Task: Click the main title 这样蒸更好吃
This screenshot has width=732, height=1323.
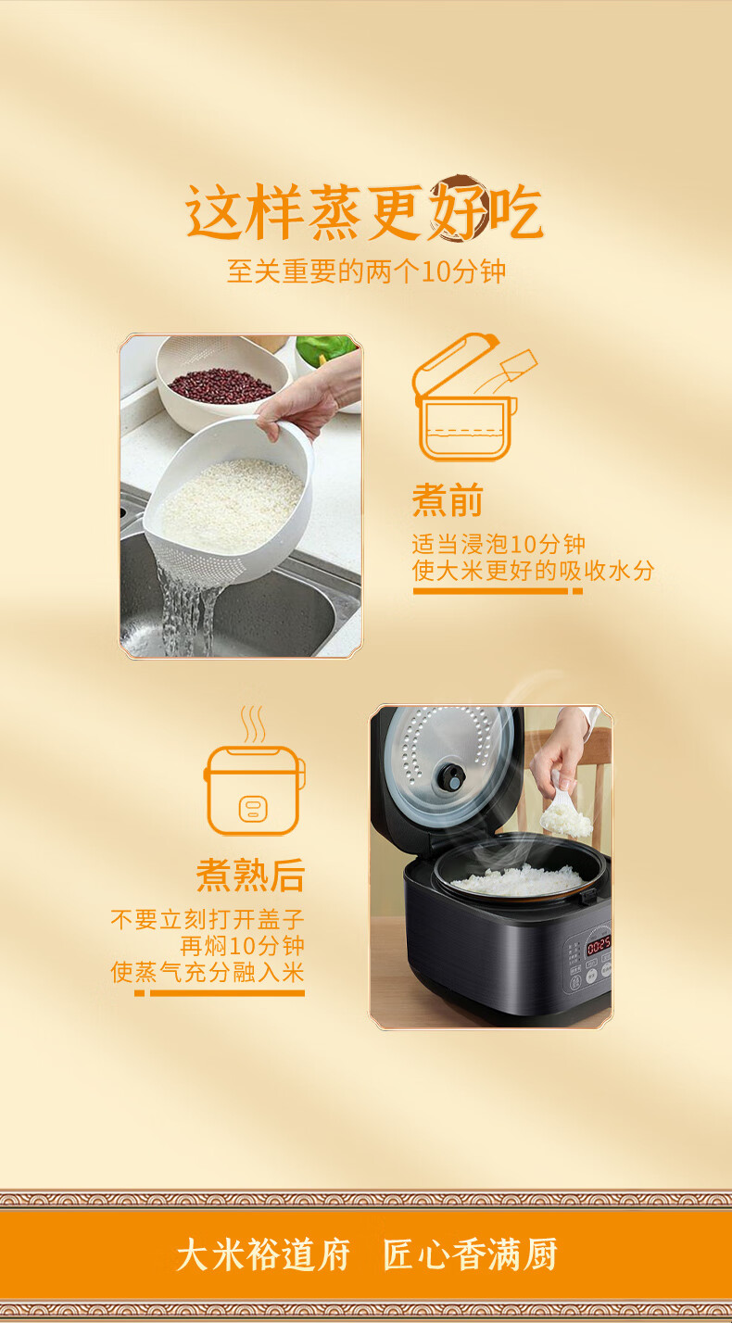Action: point(364,210)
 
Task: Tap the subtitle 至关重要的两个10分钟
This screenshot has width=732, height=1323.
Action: point(366,271)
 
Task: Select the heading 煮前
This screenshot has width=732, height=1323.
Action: point(448,499)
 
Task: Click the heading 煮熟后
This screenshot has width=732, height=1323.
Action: point(250,876)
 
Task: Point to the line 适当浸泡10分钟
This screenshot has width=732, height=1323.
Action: point(499,544)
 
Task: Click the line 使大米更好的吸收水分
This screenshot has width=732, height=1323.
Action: point(534,571)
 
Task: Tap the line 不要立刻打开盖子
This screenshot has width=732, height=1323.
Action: point(208,920)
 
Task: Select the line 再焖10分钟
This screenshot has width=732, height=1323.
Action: point(242,946)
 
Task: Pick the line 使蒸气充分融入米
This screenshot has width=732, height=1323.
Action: point(208,972)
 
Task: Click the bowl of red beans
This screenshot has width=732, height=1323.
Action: point(221,385)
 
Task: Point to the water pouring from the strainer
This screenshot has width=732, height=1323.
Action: point(184,614)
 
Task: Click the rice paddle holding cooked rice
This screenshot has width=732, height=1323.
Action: point(566,813)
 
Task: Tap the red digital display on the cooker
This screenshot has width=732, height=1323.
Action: point(598,944)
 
